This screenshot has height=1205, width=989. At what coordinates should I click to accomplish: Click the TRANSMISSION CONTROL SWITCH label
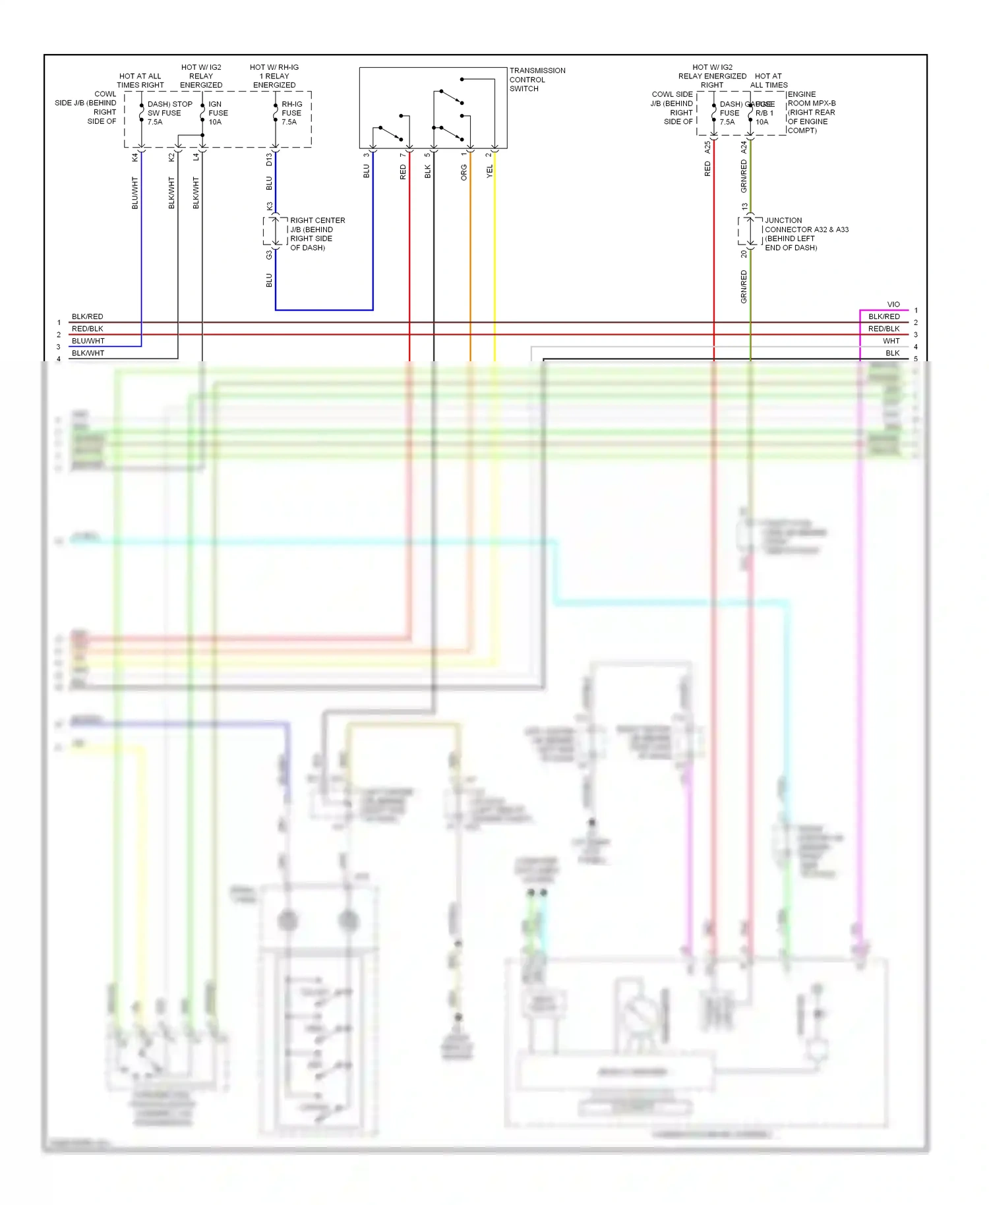(537, 79)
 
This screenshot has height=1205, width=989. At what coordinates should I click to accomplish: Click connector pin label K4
(135, 157)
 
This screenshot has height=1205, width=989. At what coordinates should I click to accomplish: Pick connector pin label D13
(269, 159)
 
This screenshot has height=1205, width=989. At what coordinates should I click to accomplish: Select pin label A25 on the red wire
(707, 147)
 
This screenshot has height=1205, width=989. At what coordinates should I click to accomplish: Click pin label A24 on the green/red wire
(744, 147)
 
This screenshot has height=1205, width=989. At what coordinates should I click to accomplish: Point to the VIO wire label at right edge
(893, 305)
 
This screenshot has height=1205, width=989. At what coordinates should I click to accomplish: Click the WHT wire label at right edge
(891, 341)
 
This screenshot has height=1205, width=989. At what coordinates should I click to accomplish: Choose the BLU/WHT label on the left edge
(88, 341)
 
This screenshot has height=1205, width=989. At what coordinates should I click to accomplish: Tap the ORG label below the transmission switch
(464, 173)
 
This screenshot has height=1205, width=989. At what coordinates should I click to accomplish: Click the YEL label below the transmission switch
(489, 171)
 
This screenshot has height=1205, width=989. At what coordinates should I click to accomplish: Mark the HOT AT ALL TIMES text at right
(768, 80)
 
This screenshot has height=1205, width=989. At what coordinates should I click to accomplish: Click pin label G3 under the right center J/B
(269, 254)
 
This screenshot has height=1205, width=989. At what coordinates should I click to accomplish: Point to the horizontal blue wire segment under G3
(324, 309)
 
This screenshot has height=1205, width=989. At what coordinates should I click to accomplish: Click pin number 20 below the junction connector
(744, 254)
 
